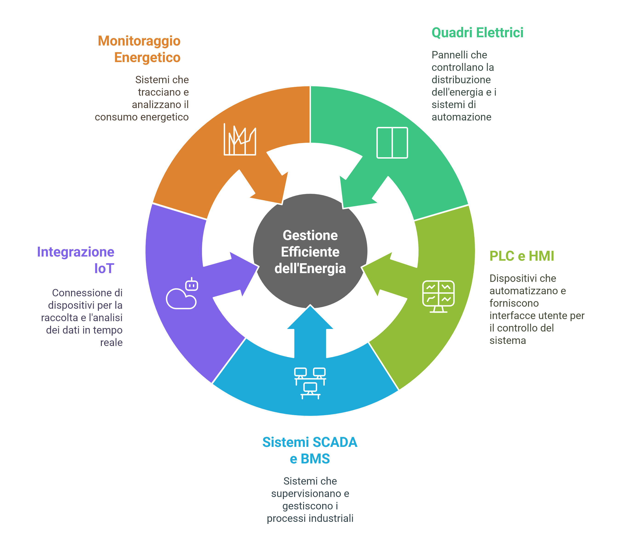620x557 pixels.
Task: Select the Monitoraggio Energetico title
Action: coord(139,49)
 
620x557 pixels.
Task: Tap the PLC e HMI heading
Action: coord(521,256)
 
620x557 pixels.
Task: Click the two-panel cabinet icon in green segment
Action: coord(392,143)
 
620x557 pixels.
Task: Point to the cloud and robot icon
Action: coord(182,294)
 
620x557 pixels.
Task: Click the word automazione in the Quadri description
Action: coord(461,117)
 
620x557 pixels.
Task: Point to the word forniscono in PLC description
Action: coord(514,303)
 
